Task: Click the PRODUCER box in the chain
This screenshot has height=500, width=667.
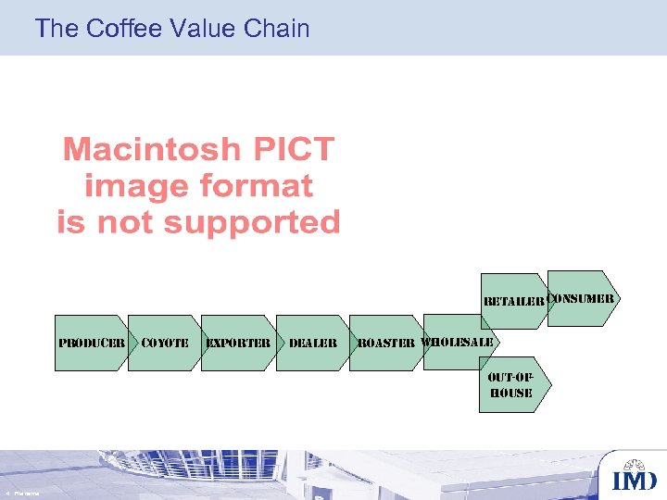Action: [91, 343]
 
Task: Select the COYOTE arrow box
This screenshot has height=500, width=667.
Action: [164, 343]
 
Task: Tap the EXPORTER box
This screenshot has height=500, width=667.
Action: [238, 343]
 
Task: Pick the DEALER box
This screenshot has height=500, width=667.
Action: [313, 343]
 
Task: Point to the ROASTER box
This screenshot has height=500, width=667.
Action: [386, 343]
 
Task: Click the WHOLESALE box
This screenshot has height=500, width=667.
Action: [459, 342]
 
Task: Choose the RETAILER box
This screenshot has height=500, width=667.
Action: [512, 301]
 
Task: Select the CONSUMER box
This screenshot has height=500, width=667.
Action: [581, 298]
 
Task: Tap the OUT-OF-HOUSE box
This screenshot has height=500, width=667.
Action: [511, 385]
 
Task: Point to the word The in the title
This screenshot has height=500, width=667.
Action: [57, 29]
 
